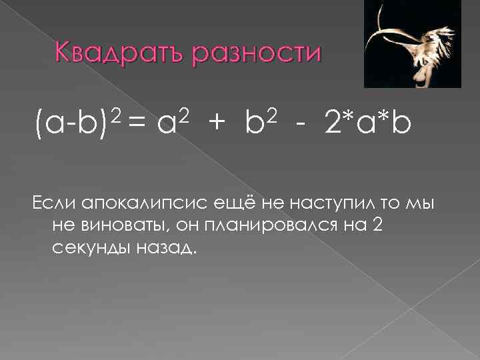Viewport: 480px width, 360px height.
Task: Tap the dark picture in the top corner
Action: [412, 44]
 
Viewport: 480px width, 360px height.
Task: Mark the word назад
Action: [167, 249]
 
